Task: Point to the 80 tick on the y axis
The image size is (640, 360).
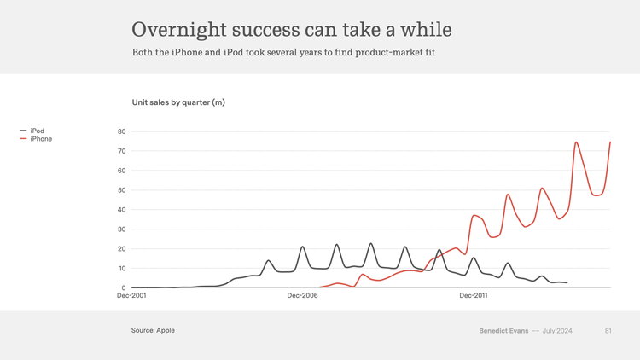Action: click(121, 131)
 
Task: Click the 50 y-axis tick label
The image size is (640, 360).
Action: click(121, 190)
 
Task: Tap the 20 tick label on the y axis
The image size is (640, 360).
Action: click(121, 249)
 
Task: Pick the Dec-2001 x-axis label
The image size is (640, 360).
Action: click(131, 295)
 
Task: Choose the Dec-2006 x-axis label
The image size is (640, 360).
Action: click(302, 295)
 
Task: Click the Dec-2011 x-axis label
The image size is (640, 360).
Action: click(474, 295)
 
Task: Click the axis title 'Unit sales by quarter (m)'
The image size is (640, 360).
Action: click(178, 102)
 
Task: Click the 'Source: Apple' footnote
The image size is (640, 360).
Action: click(153, 330)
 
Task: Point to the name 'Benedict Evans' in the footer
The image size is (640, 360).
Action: click(503, 330)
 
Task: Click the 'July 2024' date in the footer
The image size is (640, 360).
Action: click(556, 330)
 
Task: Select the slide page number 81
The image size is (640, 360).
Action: click(608, 330)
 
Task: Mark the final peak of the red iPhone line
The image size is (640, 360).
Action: click(610, 142)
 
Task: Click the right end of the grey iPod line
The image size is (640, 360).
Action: click(567, 282)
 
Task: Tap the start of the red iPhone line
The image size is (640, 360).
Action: click(320, 287)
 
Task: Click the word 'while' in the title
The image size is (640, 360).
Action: click(429, 30)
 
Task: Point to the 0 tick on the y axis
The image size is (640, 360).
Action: click(124, 288)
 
